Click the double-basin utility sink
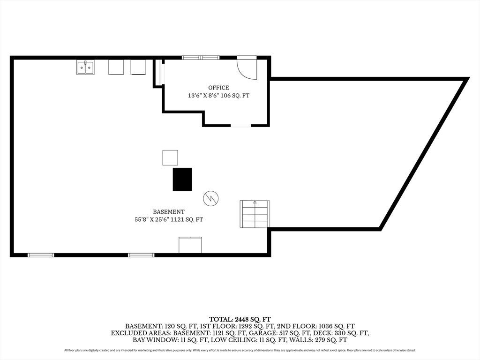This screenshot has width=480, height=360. (x=85, y=67)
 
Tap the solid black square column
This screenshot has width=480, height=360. (x=182, y=180)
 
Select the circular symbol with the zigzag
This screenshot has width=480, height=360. (x=211, y=198)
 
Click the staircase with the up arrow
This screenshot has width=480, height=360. (x=255, y=214)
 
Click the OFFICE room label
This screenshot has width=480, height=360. (x=218, y=88)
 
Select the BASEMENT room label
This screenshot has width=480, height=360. (x=169, y=211)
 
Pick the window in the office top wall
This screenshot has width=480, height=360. (x=201, y=58)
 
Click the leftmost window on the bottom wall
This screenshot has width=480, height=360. (x=41, y=255)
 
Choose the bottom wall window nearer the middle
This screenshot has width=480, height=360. (x=141, y=255)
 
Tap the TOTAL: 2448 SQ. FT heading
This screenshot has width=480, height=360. (x=240, y=320)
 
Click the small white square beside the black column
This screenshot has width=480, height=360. (x=170, y=157)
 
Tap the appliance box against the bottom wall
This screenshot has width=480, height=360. (x=190, y=245)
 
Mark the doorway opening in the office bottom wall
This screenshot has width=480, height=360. (x=240, y=126)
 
